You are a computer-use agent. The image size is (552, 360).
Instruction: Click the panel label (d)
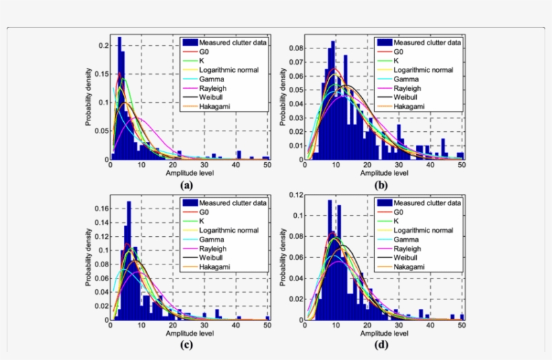click(382, 345)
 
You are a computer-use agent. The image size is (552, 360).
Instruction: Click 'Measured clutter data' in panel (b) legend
click(427, 42)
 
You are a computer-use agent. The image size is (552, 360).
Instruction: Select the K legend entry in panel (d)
click(396, 221)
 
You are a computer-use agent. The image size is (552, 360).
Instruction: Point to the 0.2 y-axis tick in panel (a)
click(102, 46)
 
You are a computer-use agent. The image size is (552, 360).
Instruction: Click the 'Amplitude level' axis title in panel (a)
click(188, 172)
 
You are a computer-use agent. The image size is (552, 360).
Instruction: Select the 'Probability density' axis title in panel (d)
click(283, 258)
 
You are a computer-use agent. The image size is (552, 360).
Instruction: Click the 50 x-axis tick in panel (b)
click(462, 164)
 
